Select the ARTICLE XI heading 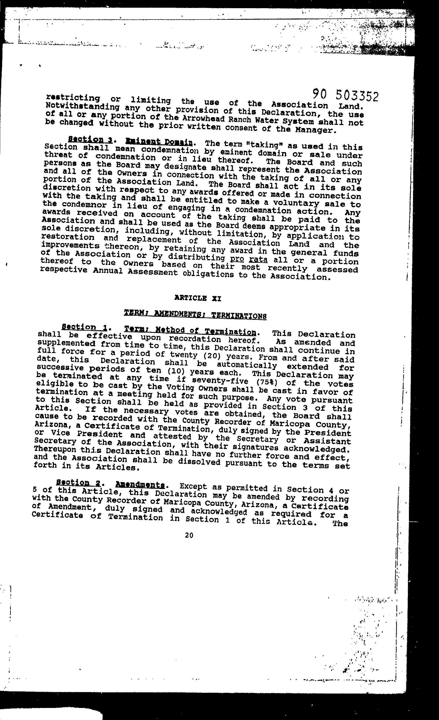point(198,298)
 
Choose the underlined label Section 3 point(90,139)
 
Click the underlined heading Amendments point(140,484)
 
